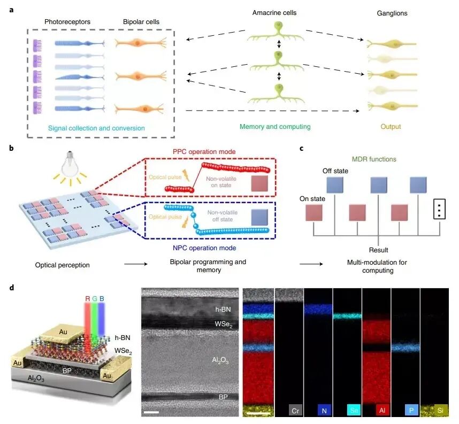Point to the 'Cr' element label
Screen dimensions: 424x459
295,411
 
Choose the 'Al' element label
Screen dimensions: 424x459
382,411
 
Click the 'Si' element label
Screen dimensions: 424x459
440,411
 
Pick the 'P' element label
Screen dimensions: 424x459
411,411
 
